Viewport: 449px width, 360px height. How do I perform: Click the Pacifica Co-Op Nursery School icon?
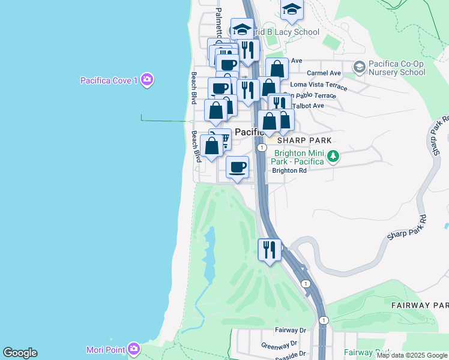(x=359, y=67)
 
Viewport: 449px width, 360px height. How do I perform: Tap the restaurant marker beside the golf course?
(x=270, y=249)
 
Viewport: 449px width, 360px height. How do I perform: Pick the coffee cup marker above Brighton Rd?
(x=238, y=167)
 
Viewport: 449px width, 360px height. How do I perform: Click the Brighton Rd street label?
(x=289, y=170)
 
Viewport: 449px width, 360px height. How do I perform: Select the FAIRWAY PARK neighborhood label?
(x=420, y=305)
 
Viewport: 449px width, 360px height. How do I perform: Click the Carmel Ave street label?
(x=324, y=73)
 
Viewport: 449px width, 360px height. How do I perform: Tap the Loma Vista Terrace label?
(x=318, y=86)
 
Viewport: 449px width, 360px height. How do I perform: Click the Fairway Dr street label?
(x=291, y=330)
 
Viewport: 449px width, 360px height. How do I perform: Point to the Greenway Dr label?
(x=279, y=345)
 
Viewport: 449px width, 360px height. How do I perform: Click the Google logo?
(x=20, y=353)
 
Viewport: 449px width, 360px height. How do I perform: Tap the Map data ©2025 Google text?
(x=412, y=355)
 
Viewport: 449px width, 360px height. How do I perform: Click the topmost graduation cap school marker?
(x=292, y=9)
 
